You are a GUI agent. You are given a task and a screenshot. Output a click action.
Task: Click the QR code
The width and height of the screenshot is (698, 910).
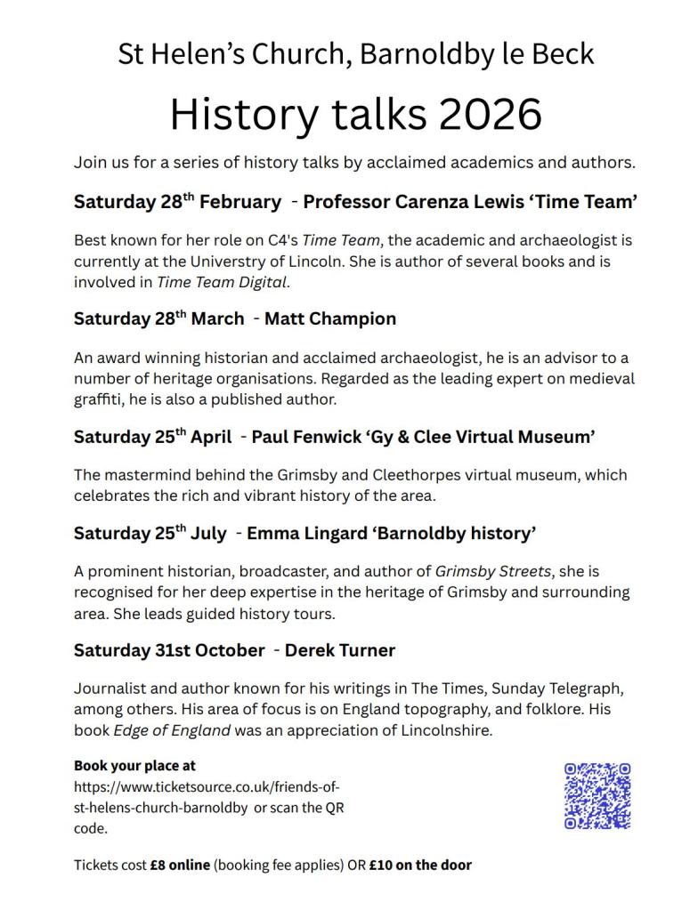597,795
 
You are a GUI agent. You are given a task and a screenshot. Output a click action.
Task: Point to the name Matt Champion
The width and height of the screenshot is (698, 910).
330,318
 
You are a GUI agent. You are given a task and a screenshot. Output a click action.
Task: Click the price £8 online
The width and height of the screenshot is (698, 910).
180,865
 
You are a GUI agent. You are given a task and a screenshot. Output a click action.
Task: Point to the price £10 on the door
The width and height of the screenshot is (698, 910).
420,865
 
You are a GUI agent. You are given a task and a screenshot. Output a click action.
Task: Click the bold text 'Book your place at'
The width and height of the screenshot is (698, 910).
134,765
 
